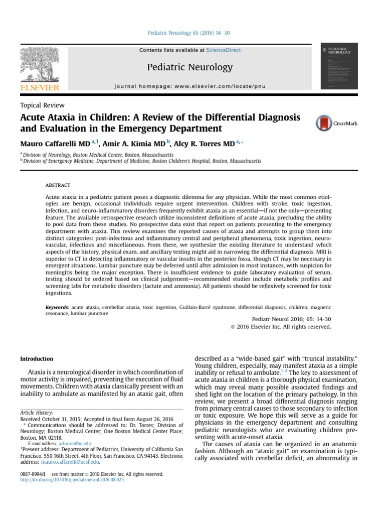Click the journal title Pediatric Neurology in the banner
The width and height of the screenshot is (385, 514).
coord(190,67)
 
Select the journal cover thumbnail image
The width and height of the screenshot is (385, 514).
coord(339,66)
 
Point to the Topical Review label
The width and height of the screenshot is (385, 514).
coord(42,105)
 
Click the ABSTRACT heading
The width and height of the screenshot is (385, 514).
coord(58,185)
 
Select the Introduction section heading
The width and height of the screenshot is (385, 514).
coord(37,359)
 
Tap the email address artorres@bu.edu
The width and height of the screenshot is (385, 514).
coord(74,443)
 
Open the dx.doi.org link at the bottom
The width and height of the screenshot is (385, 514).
coord(72,480)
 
